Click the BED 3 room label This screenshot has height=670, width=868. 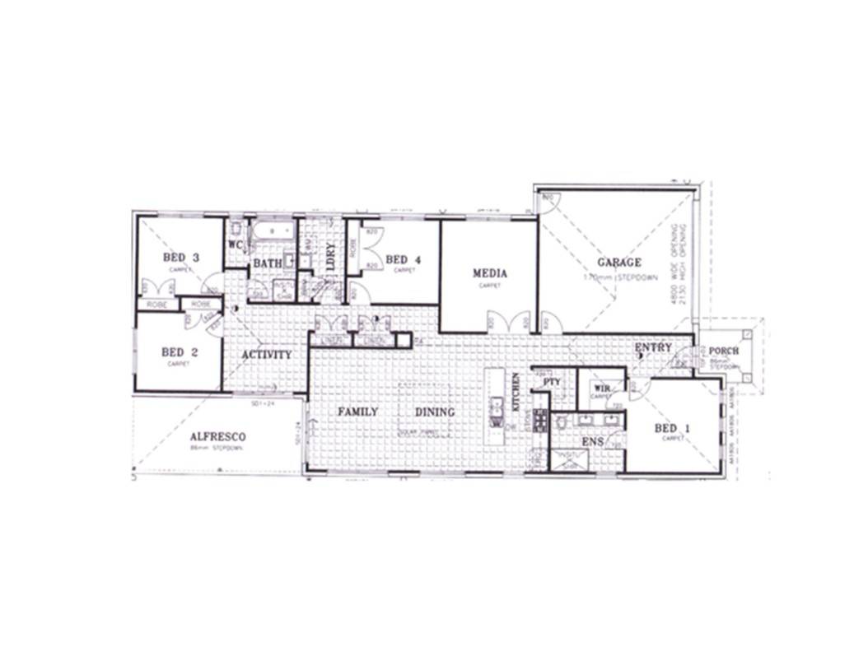pos(181,258)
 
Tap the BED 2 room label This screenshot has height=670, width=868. pos(179,352)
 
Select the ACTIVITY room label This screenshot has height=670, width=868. pos(266,355)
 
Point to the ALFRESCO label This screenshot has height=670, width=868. pos(217,436)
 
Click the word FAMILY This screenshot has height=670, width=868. pos(357,412)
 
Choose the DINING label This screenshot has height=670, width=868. pos(434,412)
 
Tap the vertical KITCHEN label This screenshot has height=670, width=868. pos(516,392)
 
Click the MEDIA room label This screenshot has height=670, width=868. pos(489,273)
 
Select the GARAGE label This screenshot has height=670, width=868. pos(618,263)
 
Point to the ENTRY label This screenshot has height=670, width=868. pos(653,348)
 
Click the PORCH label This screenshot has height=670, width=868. pos(723,351)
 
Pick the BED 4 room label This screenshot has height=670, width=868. pos(403,259)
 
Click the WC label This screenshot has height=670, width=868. pos(235,244)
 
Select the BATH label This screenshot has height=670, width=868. pos(267,263)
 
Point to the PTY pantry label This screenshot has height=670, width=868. pos(551,382)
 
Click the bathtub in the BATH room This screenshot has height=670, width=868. pos(273,231)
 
